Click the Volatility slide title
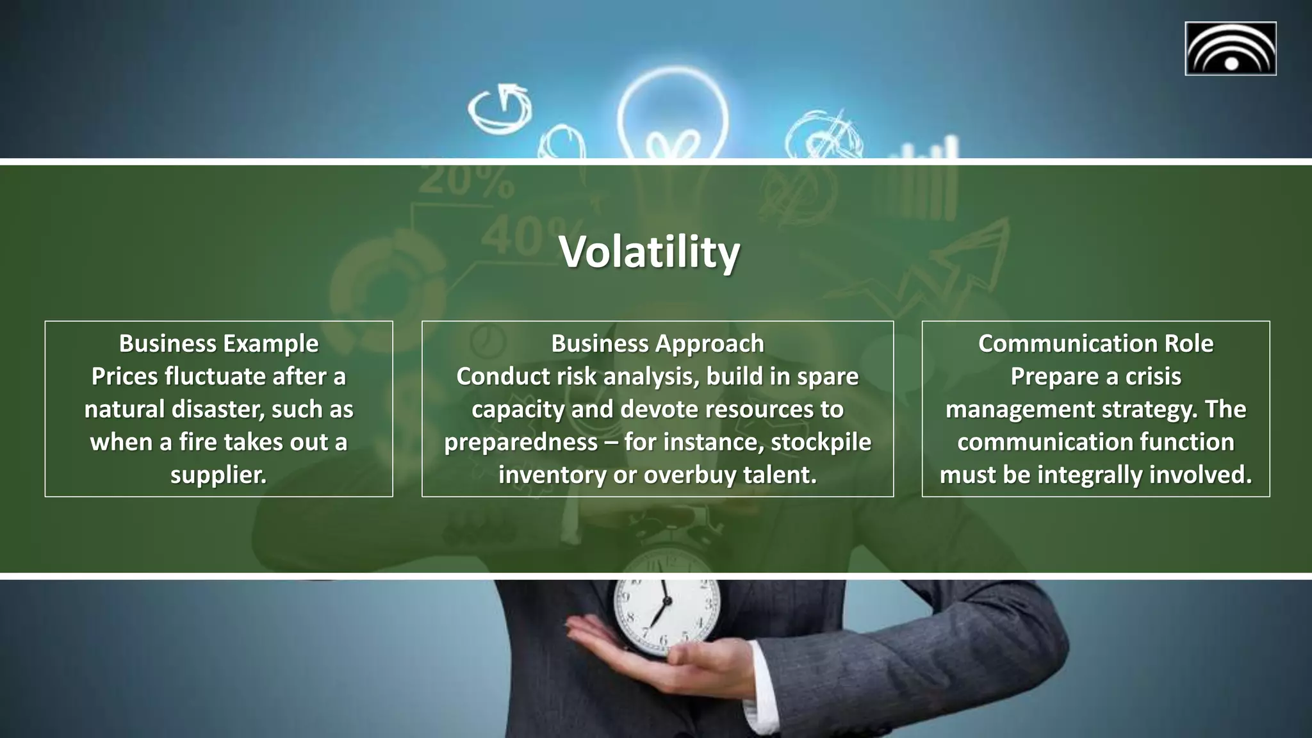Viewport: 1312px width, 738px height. tap(649, 252)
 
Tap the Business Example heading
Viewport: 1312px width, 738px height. tap(218, 343)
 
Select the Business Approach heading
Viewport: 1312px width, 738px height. tap(657, 343)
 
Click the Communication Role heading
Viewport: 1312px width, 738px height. tap(1095, 343)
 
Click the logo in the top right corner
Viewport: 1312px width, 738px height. tap(1230, 49)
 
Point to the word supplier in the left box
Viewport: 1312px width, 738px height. tap(218, 475)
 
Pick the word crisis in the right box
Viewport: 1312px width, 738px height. tap(1153, 377)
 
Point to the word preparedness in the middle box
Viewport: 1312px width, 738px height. tap(521, 442)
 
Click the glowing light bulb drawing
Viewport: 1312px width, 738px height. tap(673, 115)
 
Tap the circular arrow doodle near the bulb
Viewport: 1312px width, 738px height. tap(500, 109)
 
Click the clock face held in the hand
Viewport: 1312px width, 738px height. tap(666, 605)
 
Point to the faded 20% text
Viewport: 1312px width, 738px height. tap(466, 181)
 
